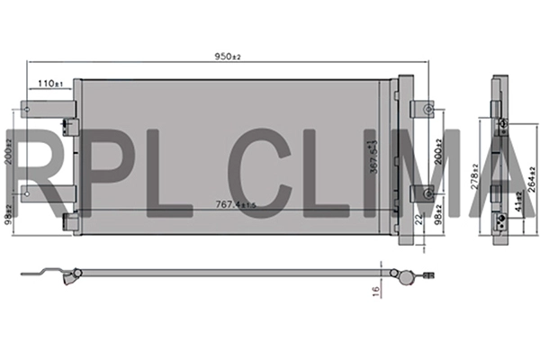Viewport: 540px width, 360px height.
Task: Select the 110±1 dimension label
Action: pos(49,84)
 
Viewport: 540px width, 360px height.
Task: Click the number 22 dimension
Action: pos(420,220)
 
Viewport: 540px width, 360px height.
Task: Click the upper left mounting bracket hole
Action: pos(29,112)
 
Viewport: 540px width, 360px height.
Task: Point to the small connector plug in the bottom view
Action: pos(430,276)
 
